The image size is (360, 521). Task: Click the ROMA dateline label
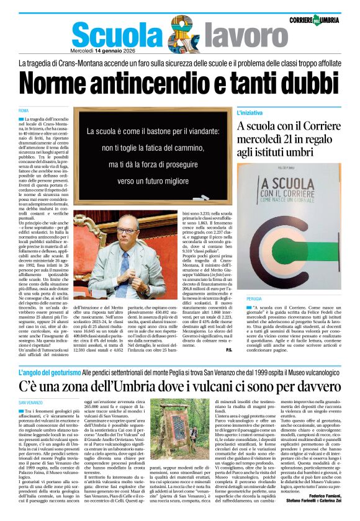24,110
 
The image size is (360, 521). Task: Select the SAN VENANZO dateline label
30,403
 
